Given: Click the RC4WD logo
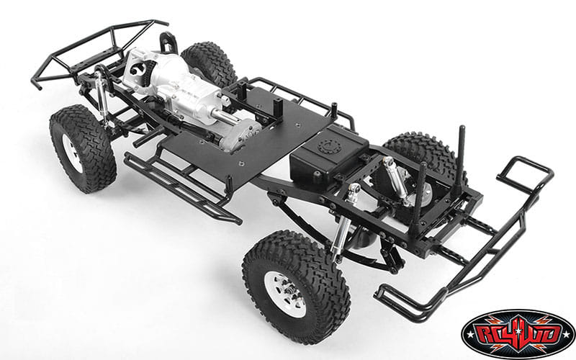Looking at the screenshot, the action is point(518,334).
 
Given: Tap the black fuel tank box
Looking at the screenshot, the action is point(328,154).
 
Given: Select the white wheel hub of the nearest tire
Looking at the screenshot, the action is point(285,294).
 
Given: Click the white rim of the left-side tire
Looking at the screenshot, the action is point(73,153).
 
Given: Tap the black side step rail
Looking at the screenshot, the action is point(182,187).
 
